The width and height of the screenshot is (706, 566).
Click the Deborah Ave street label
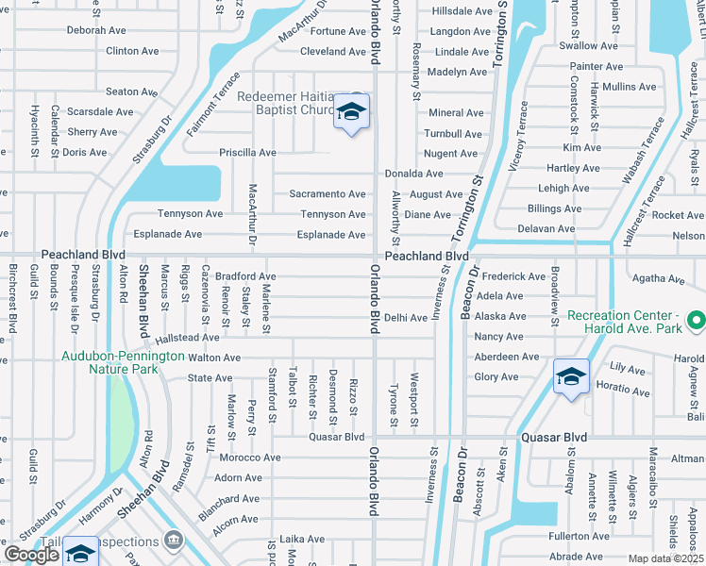pyautogui.click(x=96, y=30)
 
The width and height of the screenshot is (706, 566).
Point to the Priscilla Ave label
pyautogui.click(x=247, y=152)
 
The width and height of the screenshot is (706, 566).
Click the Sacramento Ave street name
pyautogui.click(x=327, y=194)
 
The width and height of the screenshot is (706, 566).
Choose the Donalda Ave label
pyautogui.click(x=413, y=174)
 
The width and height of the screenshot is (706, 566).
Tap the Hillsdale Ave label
pyautogui.click(x=462, y=11)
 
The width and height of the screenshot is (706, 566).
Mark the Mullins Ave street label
pyautogui.click(x=629, y=87)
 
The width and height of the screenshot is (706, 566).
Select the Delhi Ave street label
pyautogui.click(x=406, y=318)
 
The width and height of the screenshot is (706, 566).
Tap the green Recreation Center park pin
pyautogui.click(x=697, y=321)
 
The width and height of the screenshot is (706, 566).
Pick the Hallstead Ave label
pyautogui.click(x=187, y=337)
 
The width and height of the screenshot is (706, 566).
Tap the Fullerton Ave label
pyautogui.click(x=575, y=536)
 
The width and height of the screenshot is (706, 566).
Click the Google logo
pyautogui.click(x=31, y=555)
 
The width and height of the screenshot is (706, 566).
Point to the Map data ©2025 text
pyautogui.click(x=666, y=558)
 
